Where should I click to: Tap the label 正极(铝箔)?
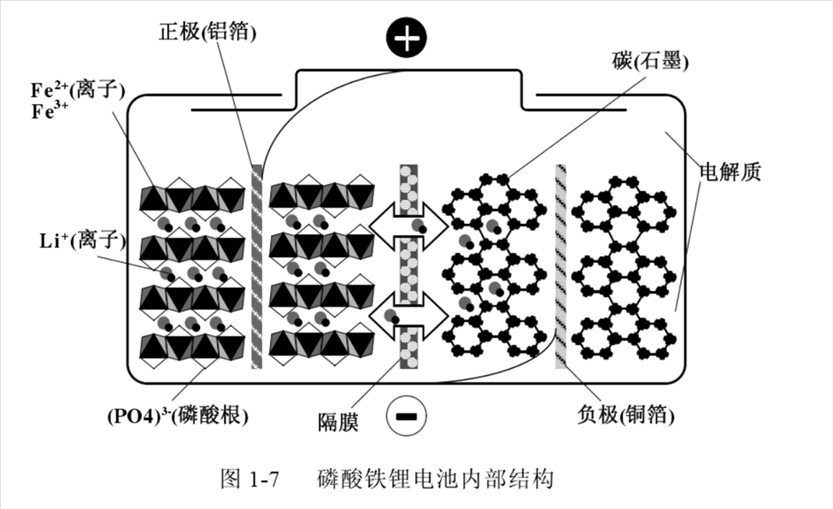[x=208, y=32]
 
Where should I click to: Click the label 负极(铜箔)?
[x=627, y=418]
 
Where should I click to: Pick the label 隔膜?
[x=336, y=420]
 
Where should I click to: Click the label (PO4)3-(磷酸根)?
[x=178, y=418]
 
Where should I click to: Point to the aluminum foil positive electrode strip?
[x=256, y=265]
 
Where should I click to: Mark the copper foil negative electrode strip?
[x=560, y=265]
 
